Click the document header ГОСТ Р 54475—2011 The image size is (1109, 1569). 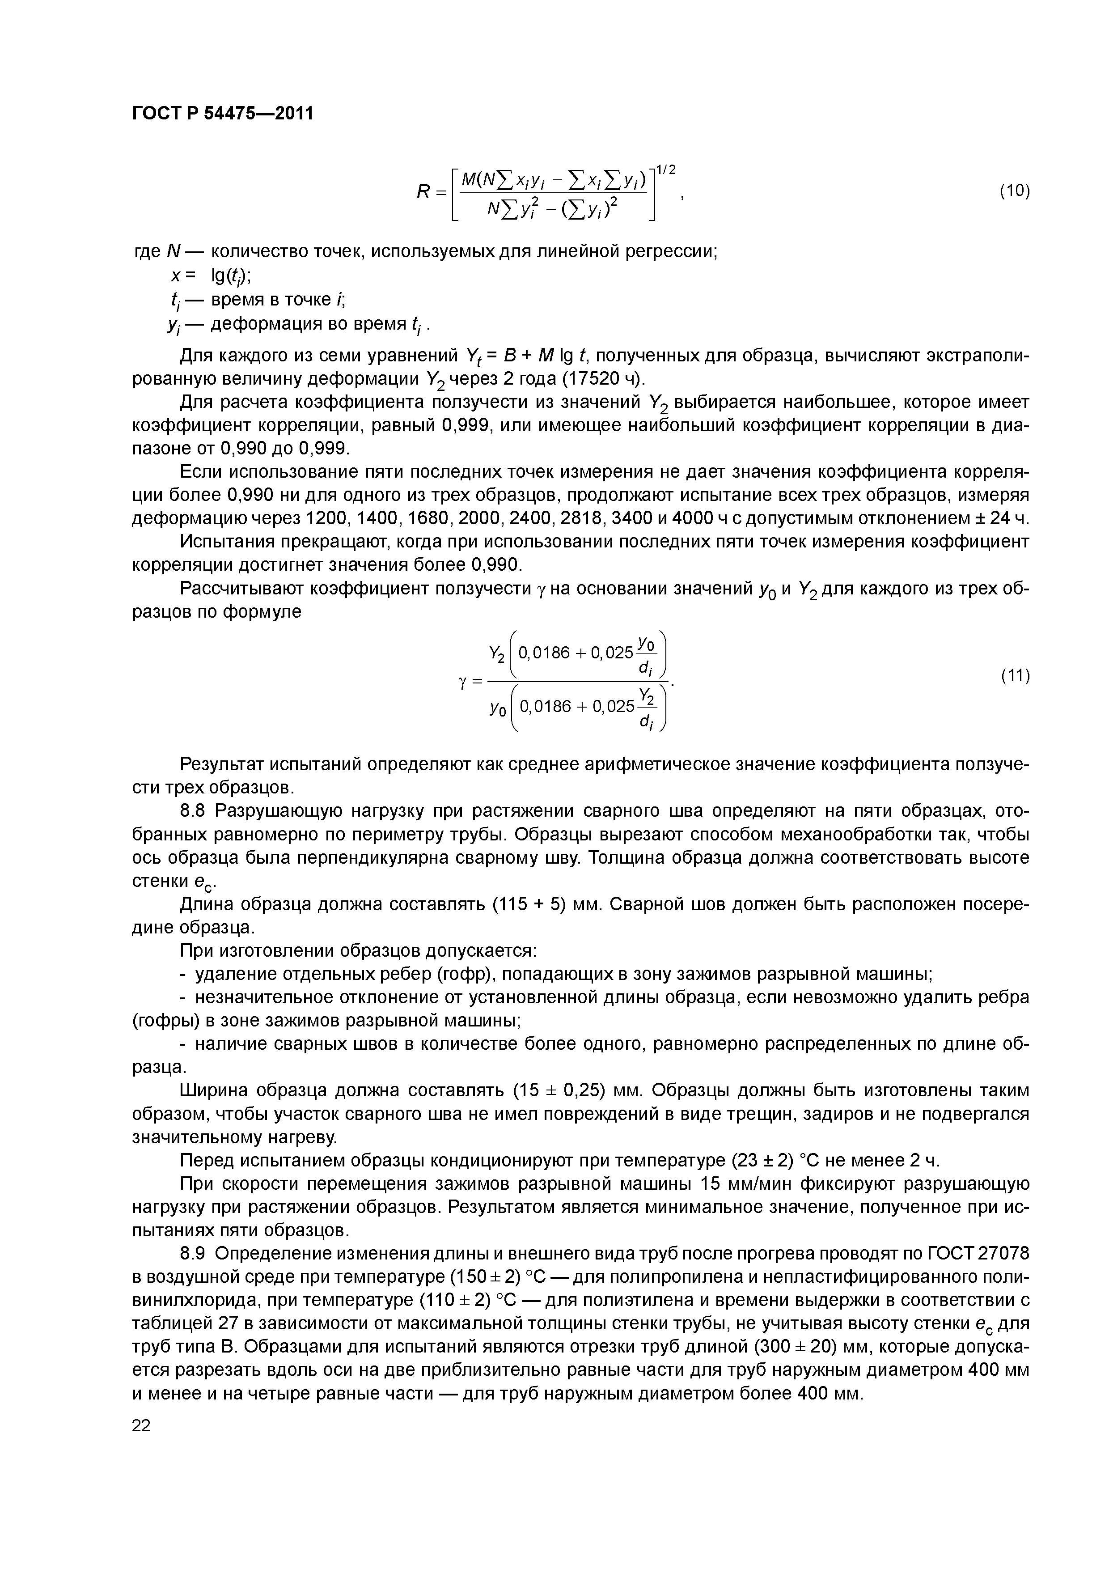tap(222, 113)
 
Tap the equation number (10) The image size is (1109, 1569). tap(1014, 191)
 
